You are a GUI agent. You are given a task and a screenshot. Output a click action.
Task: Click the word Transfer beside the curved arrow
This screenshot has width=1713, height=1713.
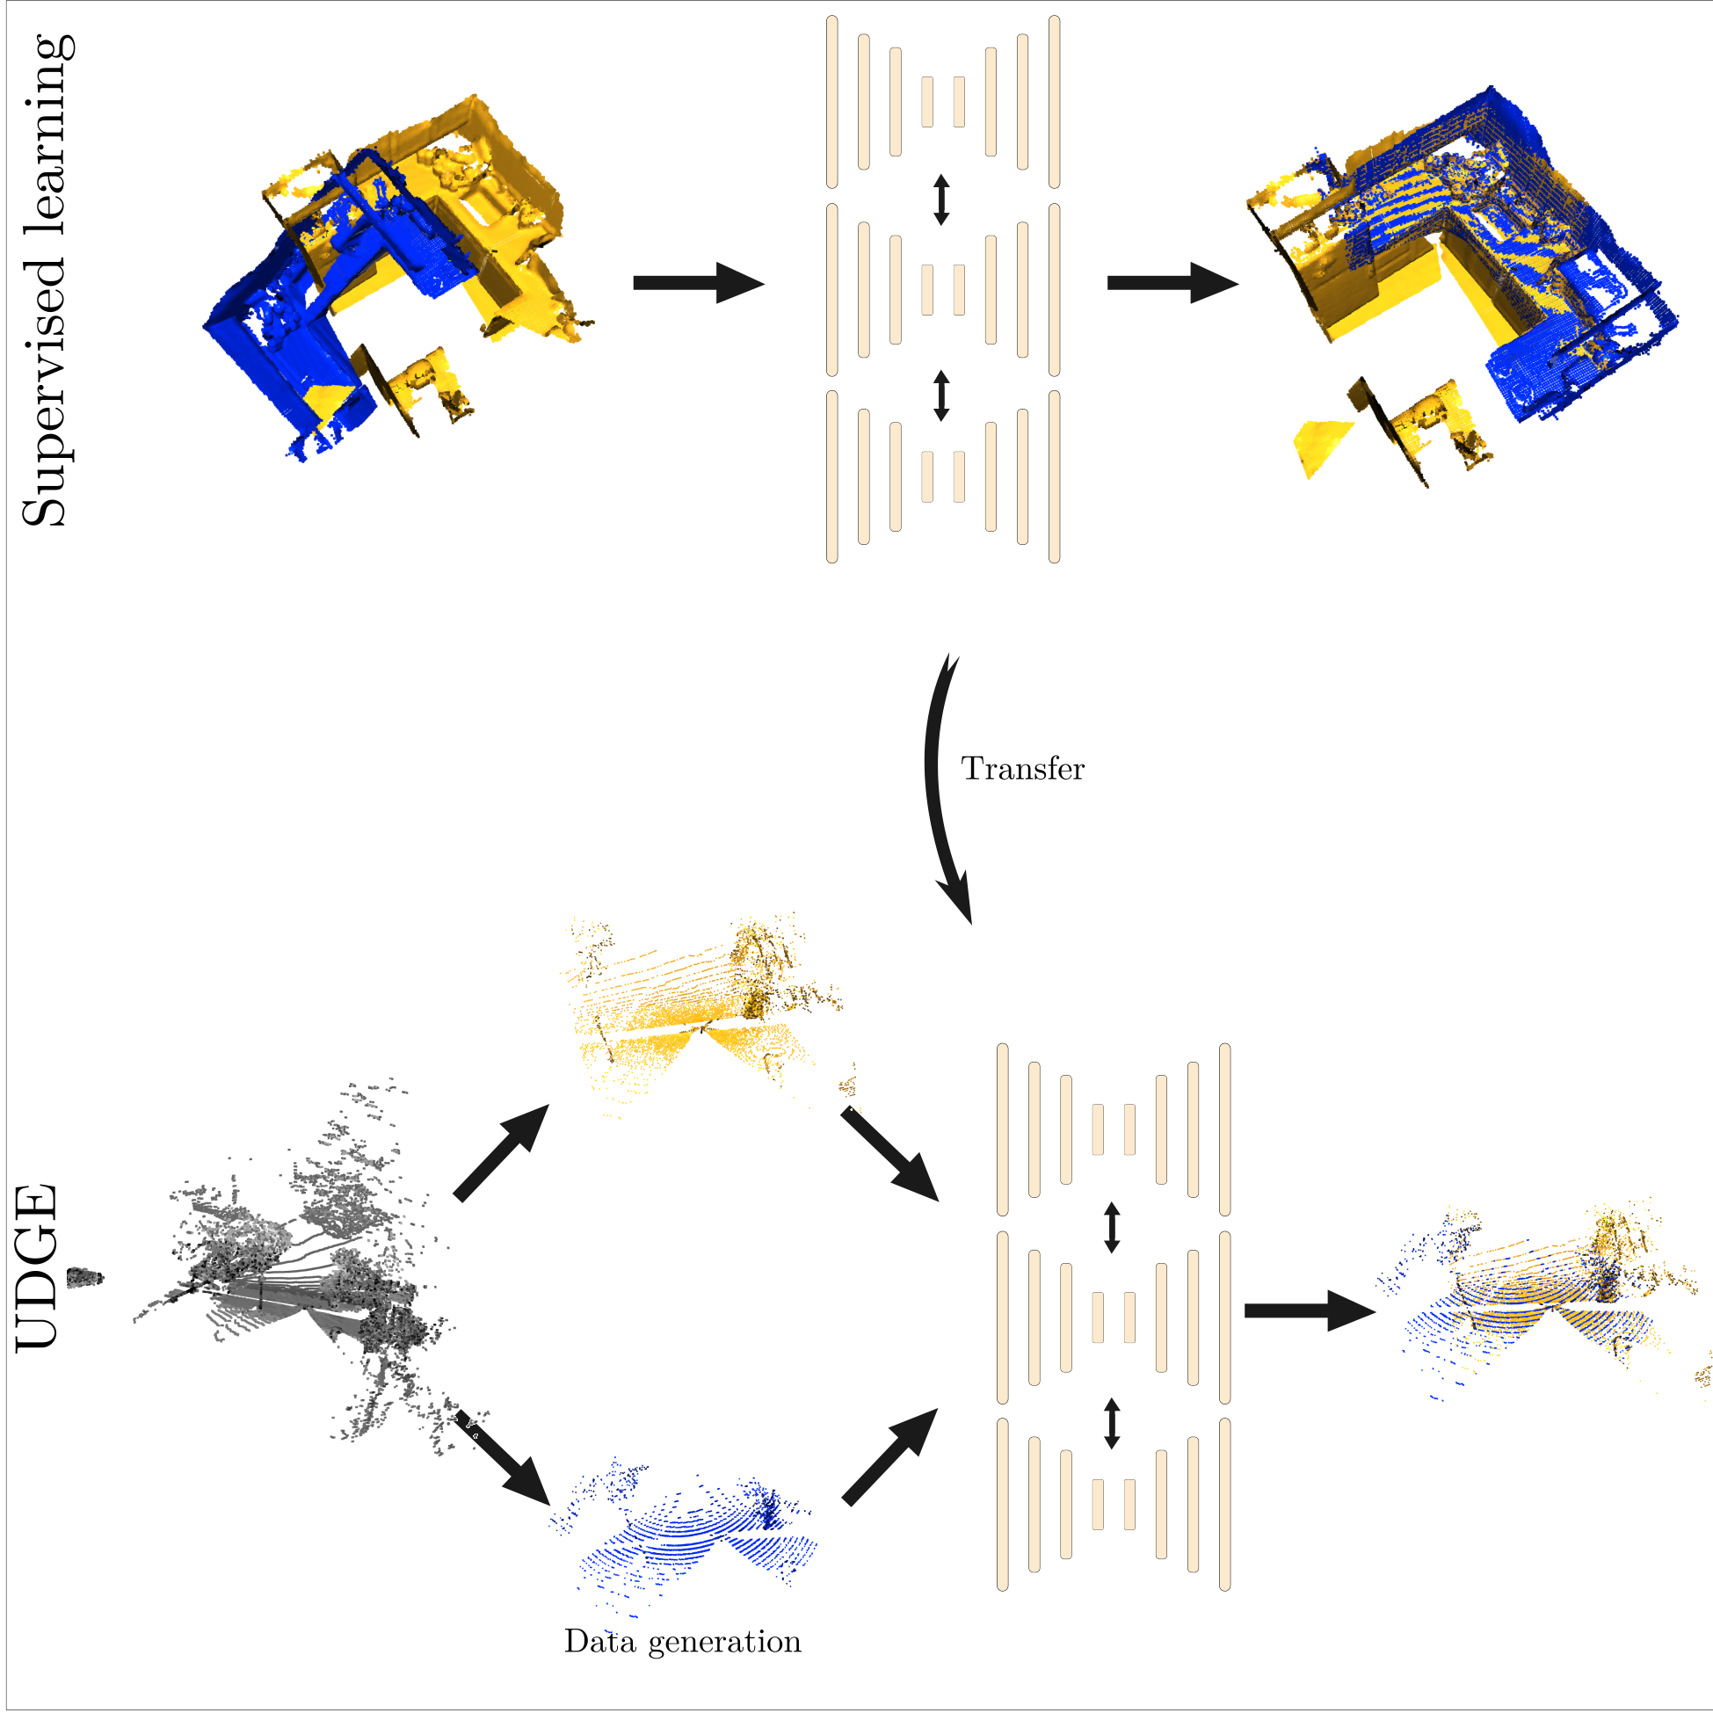pos(1022,769)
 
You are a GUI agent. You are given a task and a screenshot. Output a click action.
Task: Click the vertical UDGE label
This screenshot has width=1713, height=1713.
pos(37,1268)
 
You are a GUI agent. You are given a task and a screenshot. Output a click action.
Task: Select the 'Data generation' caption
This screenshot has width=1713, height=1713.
pos(682,1641)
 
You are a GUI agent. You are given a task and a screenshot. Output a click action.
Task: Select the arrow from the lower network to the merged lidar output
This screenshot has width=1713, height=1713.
pos(1309,1310)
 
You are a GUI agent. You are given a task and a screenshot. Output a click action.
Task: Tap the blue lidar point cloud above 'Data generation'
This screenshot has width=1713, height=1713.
pos(692,1534)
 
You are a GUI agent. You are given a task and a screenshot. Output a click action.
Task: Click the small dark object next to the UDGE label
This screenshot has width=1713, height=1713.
pos(85,1278)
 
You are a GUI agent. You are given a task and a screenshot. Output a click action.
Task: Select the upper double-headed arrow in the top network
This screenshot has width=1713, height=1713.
pos(941,200)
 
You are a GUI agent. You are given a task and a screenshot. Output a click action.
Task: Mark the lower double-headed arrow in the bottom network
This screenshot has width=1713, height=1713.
pos(1112,1422)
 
